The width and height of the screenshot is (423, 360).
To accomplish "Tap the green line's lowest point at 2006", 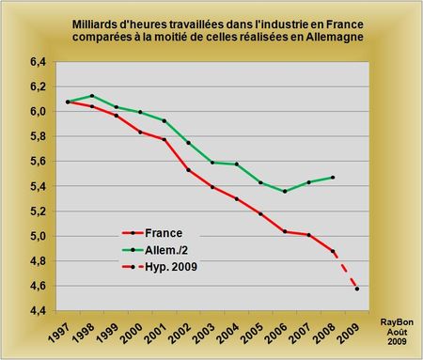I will (x=285, y=191).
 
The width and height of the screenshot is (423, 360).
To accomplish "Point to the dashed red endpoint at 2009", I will (x=357, y=289).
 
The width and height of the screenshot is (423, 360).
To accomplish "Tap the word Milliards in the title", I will (x=101, y=22).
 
